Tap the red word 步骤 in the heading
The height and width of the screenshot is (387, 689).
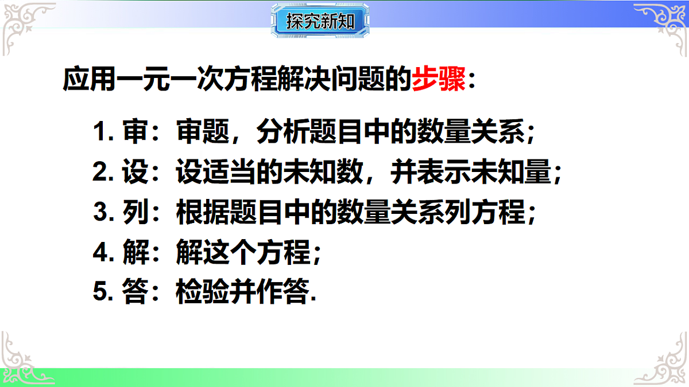coord(439,80)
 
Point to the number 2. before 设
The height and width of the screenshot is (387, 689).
coord(103,173)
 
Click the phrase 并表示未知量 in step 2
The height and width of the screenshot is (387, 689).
coord(471,173)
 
